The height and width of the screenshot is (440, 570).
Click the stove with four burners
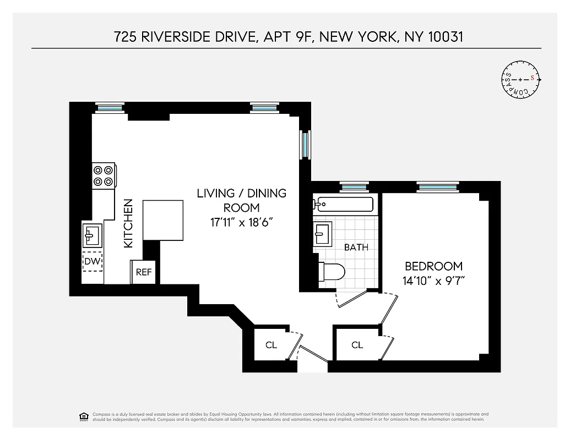point(103,176)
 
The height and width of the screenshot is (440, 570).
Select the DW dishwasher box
point(92,262)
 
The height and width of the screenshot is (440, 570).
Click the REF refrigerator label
point(144,272)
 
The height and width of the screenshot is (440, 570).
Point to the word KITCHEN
point(128,223)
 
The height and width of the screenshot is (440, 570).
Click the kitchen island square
point(163,221)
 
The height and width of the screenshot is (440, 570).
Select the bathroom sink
point(322,235)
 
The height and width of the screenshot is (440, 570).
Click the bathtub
point(343,205)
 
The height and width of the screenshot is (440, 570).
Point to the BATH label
point(356,247)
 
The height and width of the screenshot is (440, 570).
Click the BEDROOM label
point(433,266)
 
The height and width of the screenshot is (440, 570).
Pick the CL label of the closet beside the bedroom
point(357,345)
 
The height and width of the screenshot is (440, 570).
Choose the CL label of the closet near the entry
point(271,345)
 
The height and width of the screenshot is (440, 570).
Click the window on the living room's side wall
point(305,144)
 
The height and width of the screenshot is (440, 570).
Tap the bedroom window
point(437,187)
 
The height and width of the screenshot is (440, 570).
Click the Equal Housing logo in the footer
point(84,416)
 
